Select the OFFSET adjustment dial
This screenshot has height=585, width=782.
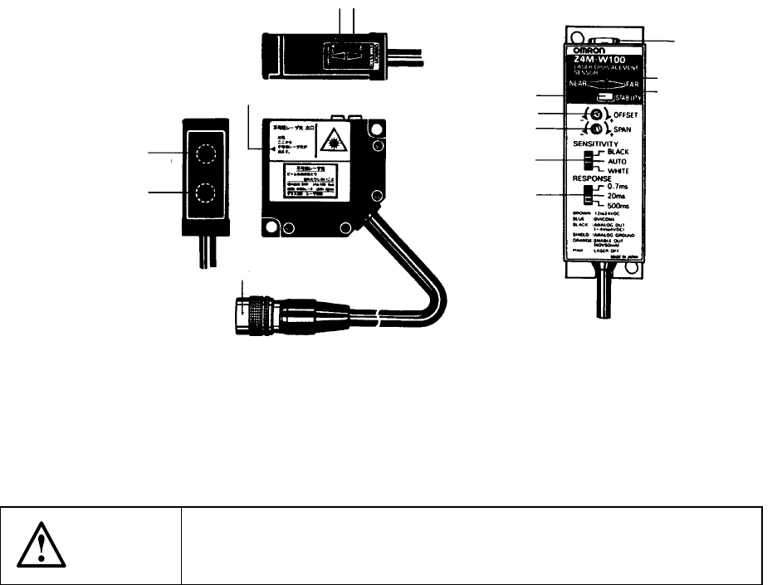pos(596,115)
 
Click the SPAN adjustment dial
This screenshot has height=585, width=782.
pos(596,129)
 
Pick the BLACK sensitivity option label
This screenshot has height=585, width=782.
pos(620,153)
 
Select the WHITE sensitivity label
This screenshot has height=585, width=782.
pos(621,171)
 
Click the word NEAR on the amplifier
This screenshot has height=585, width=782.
pos(579,85)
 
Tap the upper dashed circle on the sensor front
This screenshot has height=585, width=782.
pos(205,154)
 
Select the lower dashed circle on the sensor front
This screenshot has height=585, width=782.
pos(205,196)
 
